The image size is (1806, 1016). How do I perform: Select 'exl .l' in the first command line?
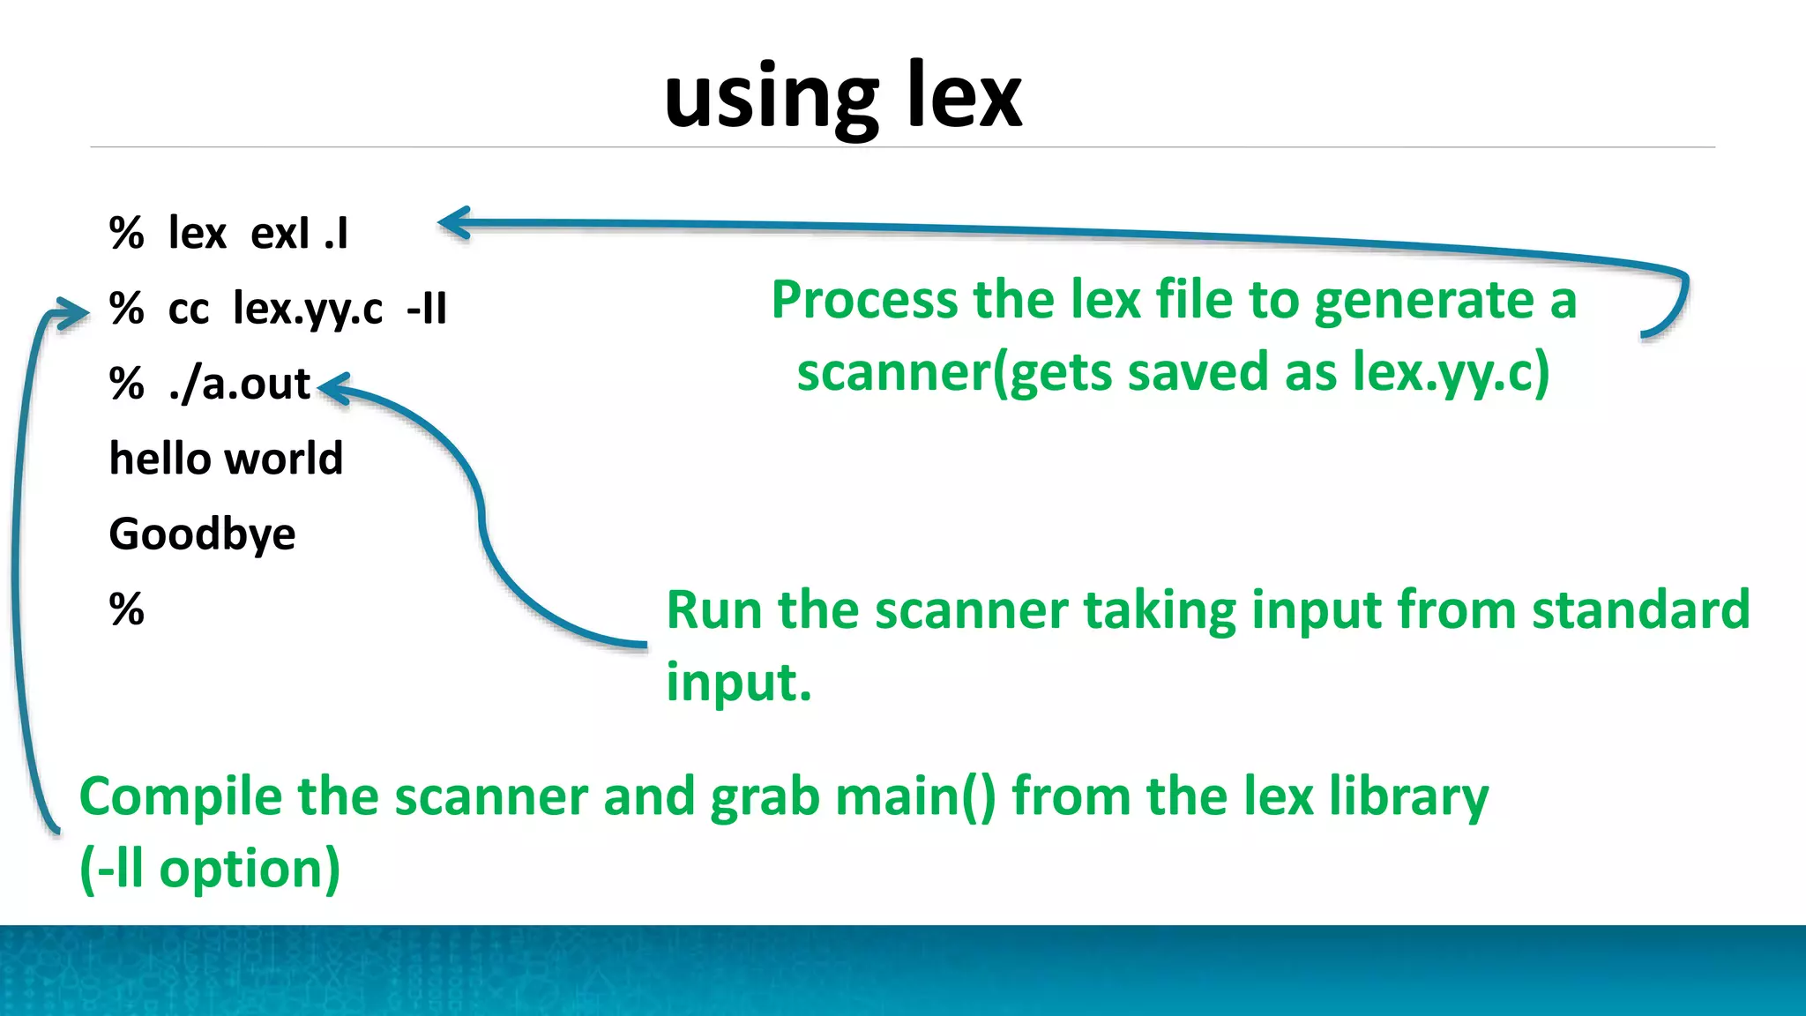[x=300, y=234]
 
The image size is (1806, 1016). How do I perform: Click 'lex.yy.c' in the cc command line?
[x=308, y=309]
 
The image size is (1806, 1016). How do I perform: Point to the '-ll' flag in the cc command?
[x=427, y=309]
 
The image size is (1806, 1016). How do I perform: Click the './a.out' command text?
[x=239, y=384]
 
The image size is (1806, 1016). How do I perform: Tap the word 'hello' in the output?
[x=160, y=459]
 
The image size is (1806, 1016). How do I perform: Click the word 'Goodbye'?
[x=202, y=534]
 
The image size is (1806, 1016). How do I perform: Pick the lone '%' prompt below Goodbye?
[x=126, y=609]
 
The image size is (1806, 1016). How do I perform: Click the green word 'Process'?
[x=865, y=300]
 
